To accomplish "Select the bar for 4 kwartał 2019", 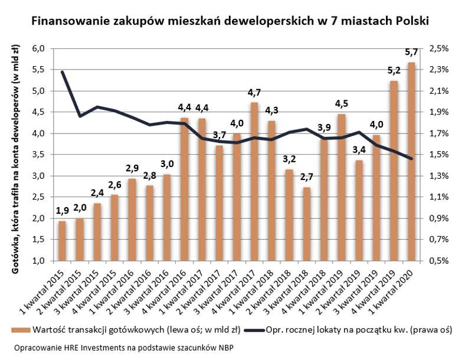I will [x=394, y=171].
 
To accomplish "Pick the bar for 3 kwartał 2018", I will [x=306, y=224].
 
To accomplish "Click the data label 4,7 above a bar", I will [x=254, y=93].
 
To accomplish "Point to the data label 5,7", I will [x=411, y=53].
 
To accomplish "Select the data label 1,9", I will [x=62, y=211].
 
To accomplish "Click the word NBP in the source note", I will [x=224, y=347].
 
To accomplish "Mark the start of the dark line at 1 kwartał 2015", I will [x=62, y=72].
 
